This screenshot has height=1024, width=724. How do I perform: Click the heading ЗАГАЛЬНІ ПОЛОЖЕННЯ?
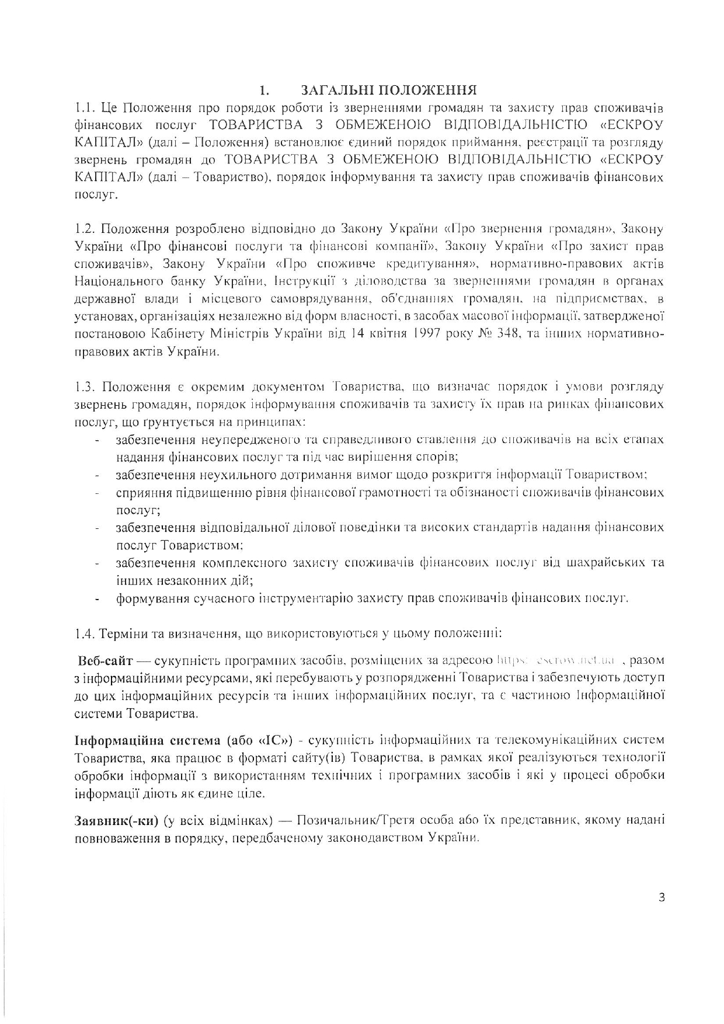tap(389, 90)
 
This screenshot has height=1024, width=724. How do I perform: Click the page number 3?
tap(661, 898)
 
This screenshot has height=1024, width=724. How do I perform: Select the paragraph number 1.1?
tap(85, 108)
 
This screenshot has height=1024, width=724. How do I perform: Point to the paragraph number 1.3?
tap(85, 386)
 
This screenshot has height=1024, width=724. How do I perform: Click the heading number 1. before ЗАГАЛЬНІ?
tap(264, 91)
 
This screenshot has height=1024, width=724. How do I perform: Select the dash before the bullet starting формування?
tap(98, 599)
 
